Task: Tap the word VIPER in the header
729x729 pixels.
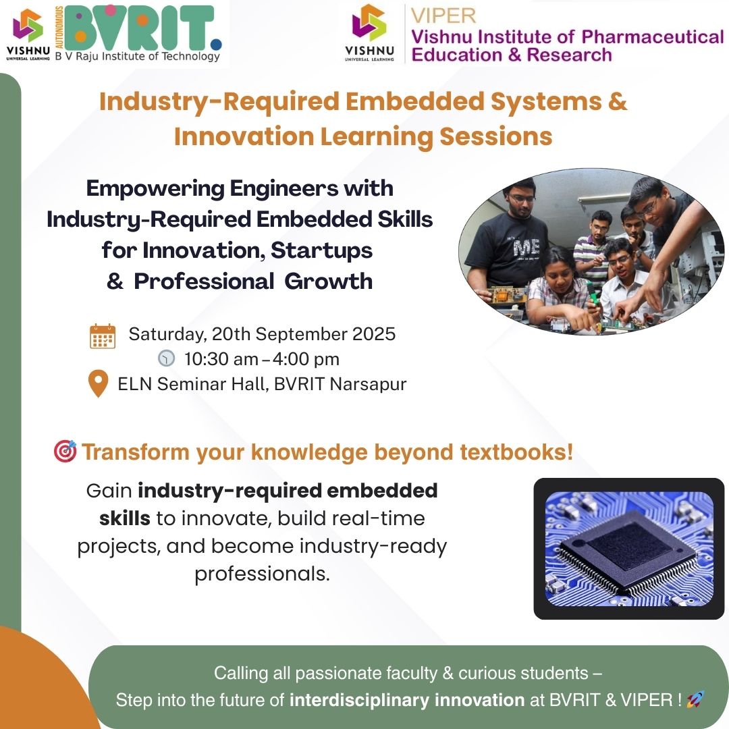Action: (443, 16)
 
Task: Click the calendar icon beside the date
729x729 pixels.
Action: (103, 336)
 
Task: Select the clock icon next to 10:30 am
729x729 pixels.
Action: (167, 358)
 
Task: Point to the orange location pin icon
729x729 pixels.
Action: (98, 383)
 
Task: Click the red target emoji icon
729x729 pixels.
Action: (65, 451)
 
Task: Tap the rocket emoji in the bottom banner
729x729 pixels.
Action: (695, 699)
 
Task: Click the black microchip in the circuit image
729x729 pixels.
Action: (628, 550)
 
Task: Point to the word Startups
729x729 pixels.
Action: (322, 250)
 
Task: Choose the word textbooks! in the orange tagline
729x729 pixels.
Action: (516, 452)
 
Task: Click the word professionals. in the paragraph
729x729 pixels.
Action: (262, 574)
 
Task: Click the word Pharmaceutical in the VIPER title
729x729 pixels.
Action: (653, 36)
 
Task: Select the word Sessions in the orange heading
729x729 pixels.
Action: (496, 136)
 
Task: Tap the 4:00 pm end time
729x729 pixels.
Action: (306, 359)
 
